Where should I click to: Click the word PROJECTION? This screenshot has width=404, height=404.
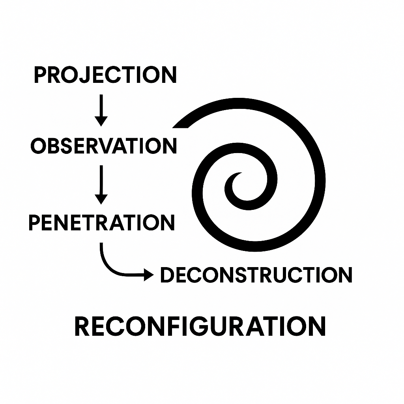tap(105, 75)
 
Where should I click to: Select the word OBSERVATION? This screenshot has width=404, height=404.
tap(103, 146)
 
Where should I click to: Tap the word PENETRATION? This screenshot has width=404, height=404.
tap(101, 222)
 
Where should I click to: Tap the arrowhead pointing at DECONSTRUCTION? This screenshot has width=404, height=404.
tap(149, 275)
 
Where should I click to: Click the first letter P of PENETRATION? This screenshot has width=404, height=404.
tap(35, 222)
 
